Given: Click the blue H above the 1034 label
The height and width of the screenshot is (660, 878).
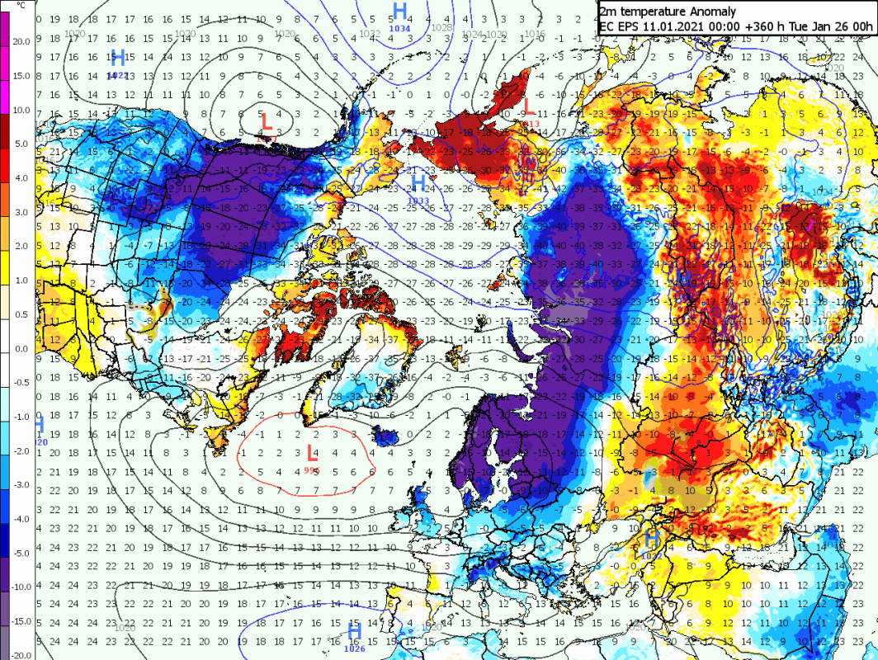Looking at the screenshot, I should (x=400, y=11).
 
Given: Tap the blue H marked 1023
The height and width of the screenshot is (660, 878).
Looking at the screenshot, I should (x=117, y=58).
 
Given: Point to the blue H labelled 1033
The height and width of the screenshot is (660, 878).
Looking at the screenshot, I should (x=418, y=182).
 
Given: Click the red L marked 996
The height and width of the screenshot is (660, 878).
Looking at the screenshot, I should (x=311, y=453).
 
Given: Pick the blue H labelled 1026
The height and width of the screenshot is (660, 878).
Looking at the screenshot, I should (x=355, y=631).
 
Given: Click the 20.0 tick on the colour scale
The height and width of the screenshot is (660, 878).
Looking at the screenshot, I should (x=21, y=41).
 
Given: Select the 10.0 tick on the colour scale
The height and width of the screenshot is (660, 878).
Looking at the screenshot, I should (x=21, y=111).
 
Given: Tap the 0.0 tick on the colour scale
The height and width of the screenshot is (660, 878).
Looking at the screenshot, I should (x=21, y=349).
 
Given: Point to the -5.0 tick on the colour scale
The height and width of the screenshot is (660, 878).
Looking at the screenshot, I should (x=21, y=553).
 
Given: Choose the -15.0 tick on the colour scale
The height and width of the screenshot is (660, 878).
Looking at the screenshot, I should (x=21, y=621).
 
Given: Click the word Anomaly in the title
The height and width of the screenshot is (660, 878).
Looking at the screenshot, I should (x=708, y=11).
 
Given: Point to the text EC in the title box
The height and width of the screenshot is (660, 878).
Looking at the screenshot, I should (x=607, y=26).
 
